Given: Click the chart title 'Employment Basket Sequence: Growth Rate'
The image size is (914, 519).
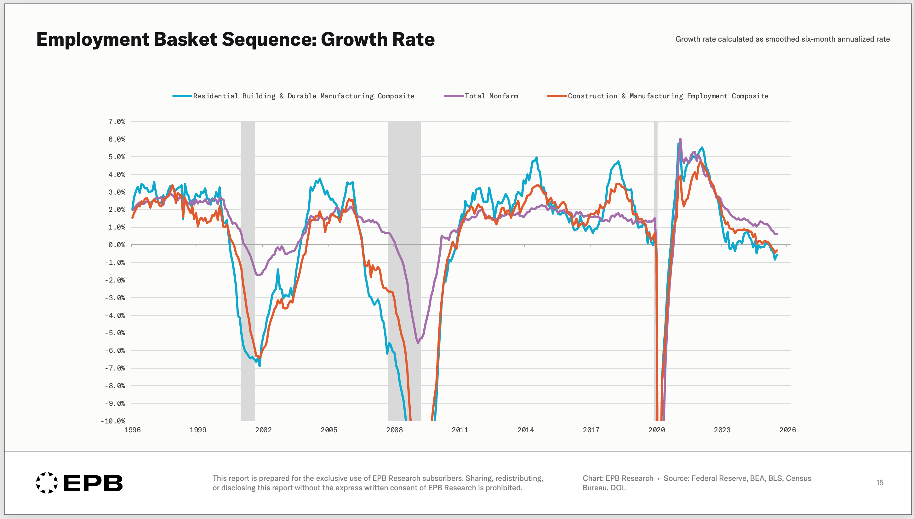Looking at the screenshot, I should click(x=235, y=39).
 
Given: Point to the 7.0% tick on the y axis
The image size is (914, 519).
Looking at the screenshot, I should click(x=117, y=121).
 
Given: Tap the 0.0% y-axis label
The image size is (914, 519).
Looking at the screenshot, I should click(x=117, y=245).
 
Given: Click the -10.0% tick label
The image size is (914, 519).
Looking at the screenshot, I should click(x=113, y=421).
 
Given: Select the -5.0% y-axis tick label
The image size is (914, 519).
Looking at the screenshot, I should click(x=115, y=333).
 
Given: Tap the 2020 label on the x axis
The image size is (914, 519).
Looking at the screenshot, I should click(x=656, y=430).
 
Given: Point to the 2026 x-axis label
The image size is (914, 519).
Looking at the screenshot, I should click(x=787, y=430).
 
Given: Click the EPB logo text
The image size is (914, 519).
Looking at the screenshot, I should click(x=93, y=483).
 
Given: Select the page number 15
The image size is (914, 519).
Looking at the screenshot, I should click(x=879, y=483).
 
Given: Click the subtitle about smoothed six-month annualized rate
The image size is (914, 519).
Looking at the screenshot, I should click(x=782, y=39).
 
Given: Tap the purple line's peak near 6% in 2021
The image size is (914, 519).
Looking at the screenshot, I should click(x=680, y=139).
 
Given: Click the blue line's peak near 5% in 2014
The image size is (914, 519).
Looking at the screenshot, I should click(x=536, y=158).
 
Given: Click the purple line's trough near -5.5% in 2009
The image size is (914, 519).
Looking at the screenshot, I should click(x=418, y=342).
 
